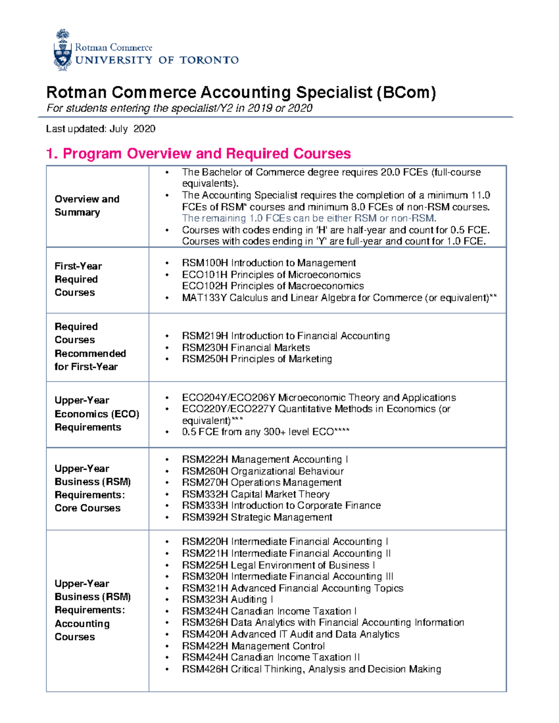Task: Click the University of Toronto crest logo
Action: click(x=62, y=50)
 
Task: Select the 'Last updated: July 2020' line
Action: click(x=101, y=129)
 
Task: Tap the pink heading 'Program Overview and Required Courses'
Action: click(x=206, y=153)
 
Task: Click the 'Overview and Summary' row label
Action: click(x=87, y=205)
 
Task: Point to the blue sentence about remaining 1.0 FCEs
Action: click(x=309, y=218)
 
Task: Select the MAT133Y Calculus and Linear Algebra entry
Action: click(x=339, y=297)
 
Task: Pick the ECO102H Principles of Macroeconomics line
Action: click(x=273, y=286)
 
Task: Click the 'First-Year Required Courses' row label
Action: click(x=78, y=279)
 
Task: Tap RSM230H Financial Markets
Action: click(x=245, y=347)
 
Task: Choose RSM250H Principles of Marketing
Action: click(x=257, y=359)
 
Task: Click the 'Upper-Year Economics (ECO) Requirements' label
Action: click(x=96, y=413)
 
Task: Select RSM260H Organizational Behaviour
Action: click(x=263, y=471)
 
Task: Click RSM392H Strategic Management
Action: click(x=257, y=517)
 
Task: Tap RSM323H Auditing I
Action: click(x=227, y=600)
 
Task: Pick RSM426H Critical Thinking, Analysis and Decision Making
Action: click(x=311, y=669)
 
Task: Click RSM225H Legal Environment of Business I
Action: click(x=278, y=565)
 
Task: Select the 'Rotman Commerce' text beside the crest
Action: click(x=114, y=47)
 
